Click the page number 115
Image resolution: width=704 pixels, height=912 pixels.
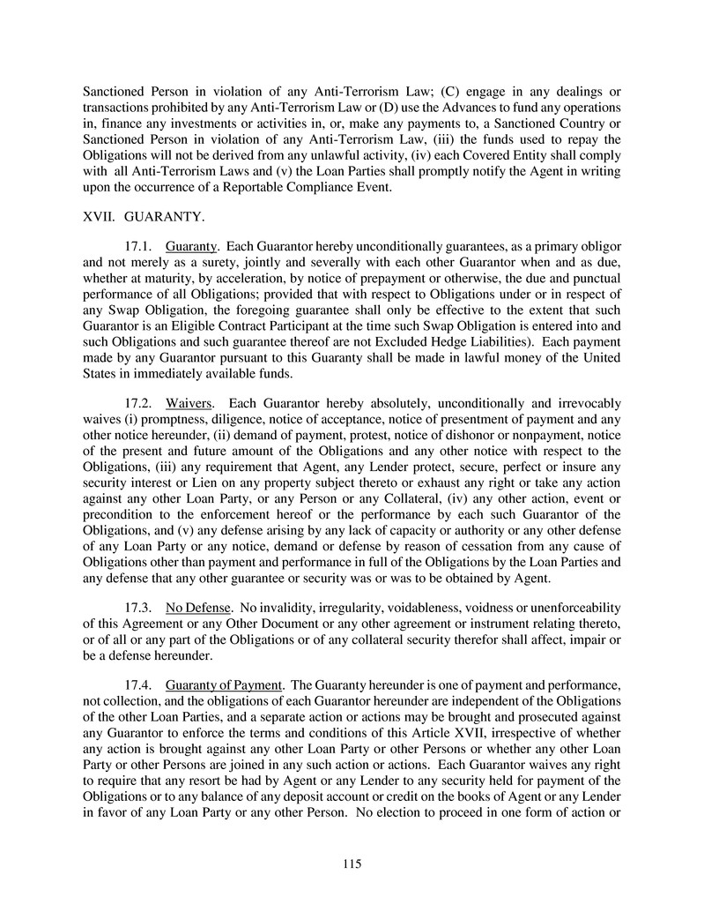pyautogui.click(x=352, y=863)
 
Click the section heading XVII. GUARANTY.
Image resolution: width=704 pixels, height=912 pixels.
pyautogui.click(x=143, y=214)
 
